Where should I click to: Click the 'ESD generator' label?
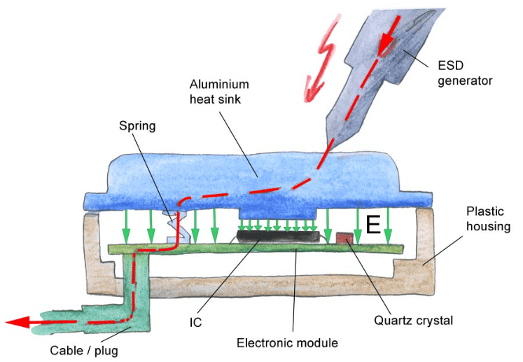pyautogui.click(x=465, y=73)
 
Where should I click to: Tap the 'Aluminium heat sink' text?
pyautogui.click(x=219, y=92)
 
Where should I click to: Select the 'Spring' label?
pyautogui.click(x=137, y=126)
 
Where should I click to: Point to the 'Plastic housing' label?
pyautogui.click(x=488, y=219)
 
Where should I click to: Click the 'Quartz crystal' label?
pyautogui.click(x=414, y=321)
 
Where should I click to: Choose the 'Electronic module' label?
pyautogui.click(x=287, y=342)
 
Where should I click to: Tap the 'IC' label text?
pyautogui.click(x=195, y=323)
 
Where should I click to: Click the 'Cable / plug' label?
pyautogui.click(x=84, y=351)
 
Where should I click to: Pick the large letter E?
pyautogui.click(x=373, y=225)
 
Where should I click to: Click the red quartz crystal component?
pyautogui.click(x=344, y=238)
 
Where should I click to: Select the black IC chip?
pyautogui.click(x=278, y=237)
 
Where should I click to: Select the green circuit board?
pyautogui.click(x=256, y=249)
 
